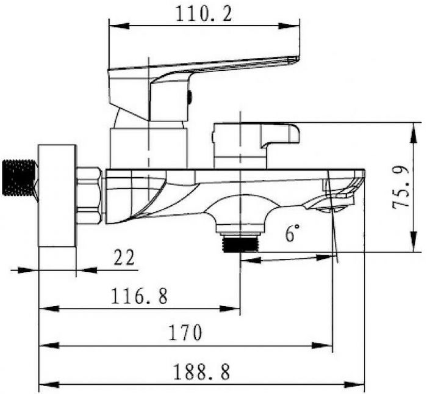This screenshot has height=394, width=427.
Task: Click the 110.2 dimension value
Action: pyautogui.click(x=204, y=13)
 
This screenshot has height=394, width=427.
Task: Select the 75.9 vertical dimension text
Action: pyautogui.click(x=401, y=188)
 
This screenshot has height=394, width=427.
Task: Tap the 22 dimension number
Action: pyautogui.click(x=124, y=257)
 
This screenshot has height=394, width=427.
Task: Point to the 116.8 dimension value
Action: pyautogui.click(x=139, y=296)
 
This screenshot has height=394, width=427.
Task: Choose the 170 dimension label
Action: pyautogui.click(x=185, y=332)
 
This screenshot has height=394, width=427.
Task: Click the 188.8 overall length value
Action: pyautogui.click(x=201, y=372)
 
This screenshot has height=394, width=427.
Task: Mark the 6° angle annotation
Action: pyautogui.click(x=292, y=233)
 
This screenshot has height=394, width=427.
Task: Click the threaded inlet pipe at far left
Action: pyautogui.click(x=20, y=178)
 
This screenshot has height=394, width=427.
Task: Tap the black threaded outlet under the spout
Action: pyautogui.click(x=240, y=244)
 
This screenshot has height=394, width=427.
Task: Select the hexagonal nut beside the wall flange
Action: pyautogui.click(x=90, y=195)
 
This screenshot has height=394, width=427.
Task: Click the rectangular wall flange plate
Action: pyautogui.click(x=57, y=195)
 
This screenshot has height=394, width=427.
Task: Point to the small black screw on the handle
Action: pyautogui.click(x=190, y=97)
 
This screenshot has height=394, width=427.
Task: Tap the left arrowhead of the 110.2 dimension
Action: pyautogui.click(x=119, y=26)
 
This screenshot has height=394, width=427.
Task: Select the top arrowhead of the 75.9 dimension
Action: pyautogui.click(x=414, y=133)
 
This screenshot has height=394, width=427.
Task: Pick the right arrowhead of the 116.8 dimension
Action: pyautogui.click(x=230, y=308)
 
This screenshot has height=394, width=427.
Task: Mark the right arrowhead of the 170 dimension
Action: pyautogui.click(x=323, y=346)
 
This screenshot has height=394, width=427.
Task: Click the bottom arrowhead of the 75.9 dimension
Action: pyautogui.click(x=414, y=242)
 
